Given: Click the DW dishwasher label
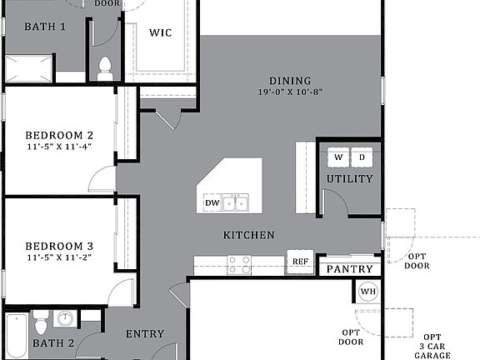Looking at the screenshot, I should (212, 202).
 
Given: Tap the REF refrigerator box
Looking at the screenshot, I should (300, 262).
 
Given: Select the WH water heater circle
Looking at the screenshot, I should (368, 292).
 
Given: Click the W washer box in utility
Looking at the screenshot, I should (338, 157).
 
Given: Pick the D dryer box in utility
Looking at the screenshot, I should (362, 157).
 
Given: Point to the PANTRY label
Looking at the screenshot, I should (349, 269).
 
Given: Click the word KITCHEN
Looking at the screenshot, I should (248, 236).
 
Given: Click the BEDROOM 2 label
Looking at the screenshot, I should (58, 135).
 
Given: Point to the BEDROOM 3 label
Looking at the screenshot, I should (58, 246).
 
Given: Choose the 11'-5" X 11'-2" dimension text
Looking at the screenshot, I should (58, 258).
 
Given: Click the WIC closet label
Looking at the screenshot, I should (160, 33).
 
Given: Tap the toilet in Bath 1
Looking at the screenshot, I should (105, 68).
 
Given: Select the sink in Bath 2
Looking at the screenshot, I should (65, 318).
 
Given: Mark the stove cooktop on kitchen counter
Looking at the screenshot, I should (239, 264).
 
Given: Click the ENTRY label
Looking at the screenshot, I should (144, 334).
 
